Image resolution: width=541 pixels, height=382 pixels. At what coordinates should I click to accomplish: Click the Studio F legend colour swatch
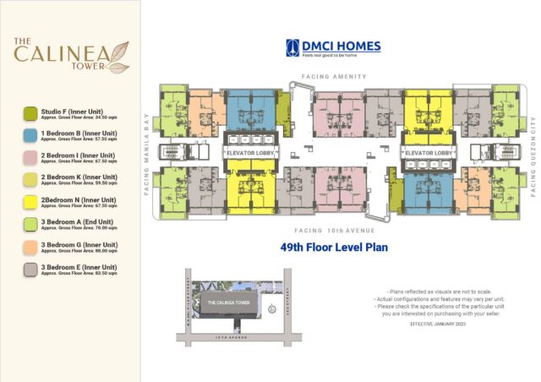tap(30, 112)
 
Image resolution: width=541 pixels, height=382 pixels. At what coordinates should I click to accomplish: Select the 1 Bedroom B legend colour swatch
tap(30, 135)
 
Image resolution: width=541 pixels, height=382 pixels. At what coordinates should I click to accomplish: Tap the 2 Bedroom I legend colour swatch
tap(30, 157)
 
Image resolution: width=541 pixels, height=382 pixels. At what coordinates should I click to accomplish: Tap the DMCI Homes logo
tap(332, 48)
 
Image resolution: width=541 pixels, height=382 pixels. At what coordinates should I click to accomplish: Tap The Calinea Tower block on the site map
tap(228, 303)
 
